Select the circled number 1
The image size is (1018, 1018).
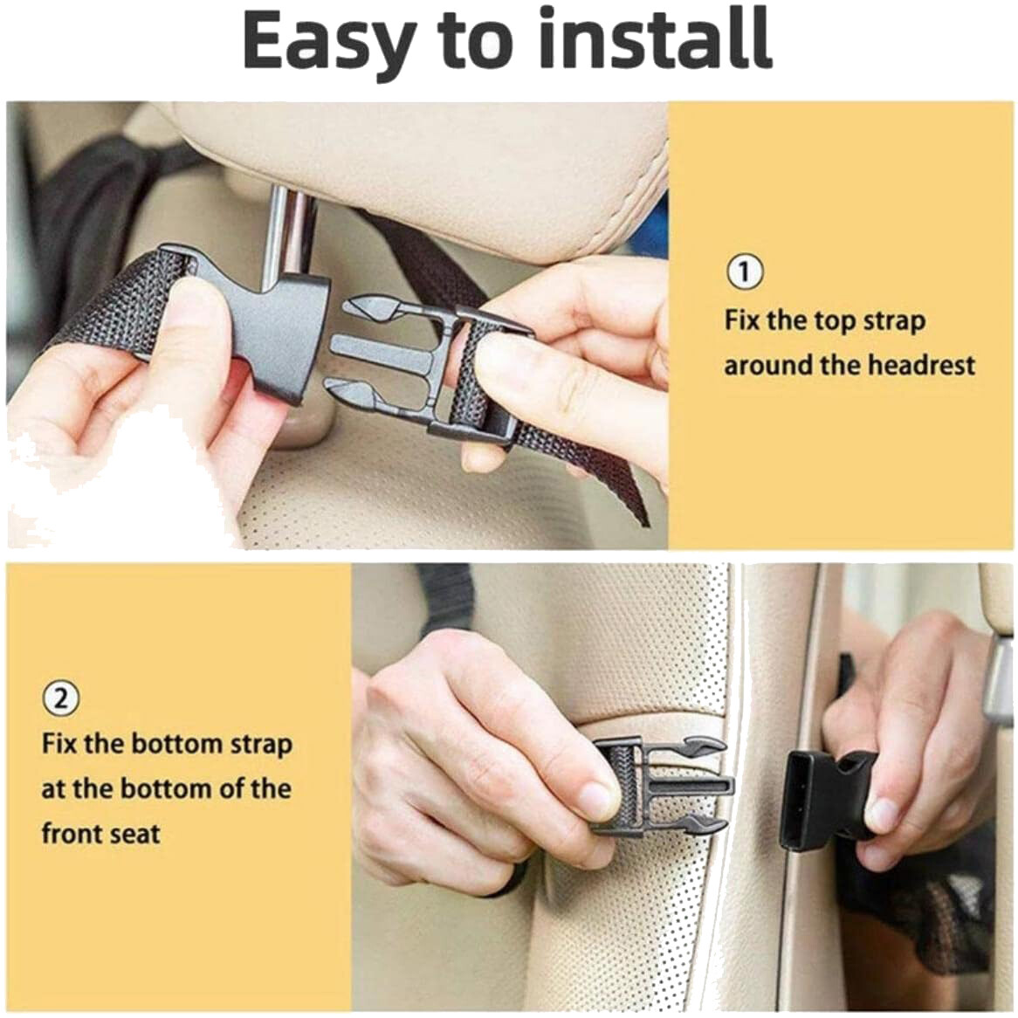pyautogui.click(x=744, y=272)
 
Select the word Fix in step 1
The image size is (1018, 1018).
pyautogui.click(x=741, y=320)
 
